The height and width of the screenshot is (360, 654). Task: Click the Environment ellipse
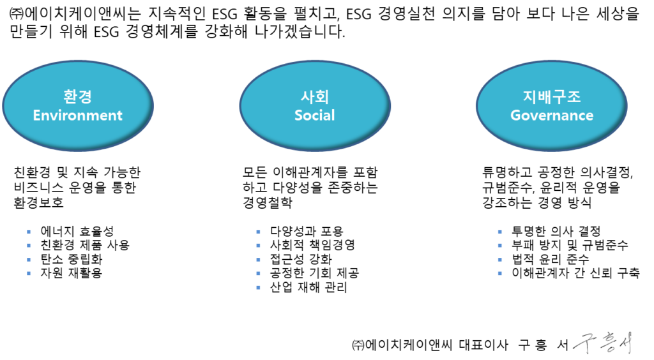pos(78,105)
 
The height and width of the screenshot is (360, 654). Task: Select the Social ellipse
pos(315,105)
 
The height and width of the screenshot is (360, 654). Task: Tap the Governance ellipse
pos(552,105)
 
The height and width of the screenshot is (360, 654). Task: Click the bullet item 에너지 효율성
pos(77,231)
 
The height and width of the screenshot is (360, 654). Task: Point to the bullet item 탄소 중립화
pos(72,259)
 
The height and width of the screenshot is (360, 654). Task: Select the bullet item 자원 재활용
pos(72,273)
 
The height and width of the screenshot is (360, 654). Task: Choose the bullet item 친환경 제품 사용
pos(85,245)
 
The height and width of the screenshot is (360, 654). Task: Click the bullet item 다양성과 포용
pos(307,231)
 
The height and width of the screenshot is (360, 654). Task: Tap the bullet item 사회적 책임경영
pos(312,245)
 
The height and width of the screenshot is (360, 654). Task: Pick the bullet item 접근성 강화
pos(301,259)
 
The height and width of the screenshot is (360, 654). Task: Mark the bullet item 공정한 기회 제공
pos(314,273)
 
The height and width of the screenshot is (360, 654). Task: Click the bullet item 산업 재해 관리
pos(308,287)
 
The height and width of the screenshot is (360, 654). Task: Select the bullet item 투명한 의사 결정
pos(556,231)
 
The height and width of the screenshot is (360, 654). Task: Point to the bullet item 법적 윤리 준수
pos(551,259)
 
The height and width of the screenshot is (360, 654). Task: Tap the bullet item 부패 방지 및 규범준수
pos(570,245)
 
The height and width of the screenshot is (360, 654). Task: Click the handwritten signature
pos(604,343)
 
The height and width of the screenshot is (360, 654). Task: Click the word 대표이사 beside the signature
pos(484,345)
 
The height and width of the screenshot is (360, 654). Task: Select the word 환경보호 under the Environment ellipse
pos(39,202)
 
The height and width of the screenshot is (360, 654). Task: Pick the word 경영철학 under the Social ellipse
pos(268,202)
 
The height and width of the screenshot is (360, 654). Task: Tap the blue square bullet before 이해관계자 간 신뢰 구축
pos(500,273)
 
